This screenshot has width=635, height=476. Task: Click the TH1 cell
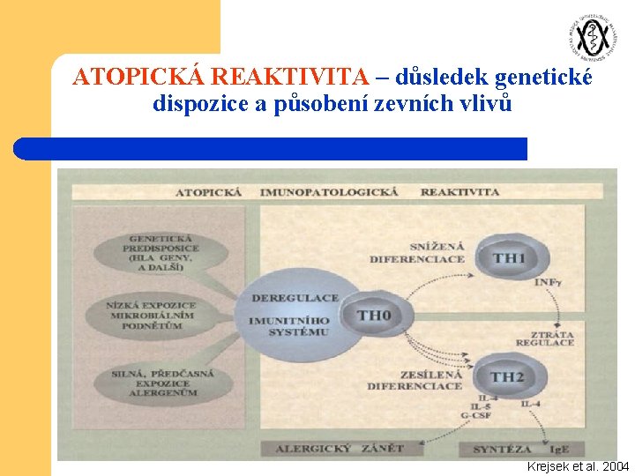click(509, 257)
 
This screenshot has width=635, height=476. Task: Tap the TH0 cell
click(374, 316)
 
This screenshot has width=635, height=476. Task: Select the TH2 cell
click(507, 377)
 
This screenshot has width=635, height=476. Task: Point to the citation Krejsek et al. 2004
click(578, 465)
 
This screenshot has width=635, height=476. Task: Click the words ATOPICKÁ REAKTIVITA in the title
click(220, 78)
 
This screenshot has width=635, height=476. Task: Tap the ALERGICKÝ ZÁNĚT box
click(340, 449)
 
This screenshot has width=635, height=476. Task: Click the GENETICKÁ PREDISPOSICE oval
click(163, 253)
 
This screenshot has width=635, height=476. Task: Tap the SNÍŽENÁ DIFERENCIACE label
click(417, 253)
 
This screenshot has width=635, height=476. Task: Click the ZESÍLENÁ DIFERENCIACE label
click(415, 381)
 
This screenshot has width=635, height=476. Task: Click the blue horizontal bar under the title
click(270, 148)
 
